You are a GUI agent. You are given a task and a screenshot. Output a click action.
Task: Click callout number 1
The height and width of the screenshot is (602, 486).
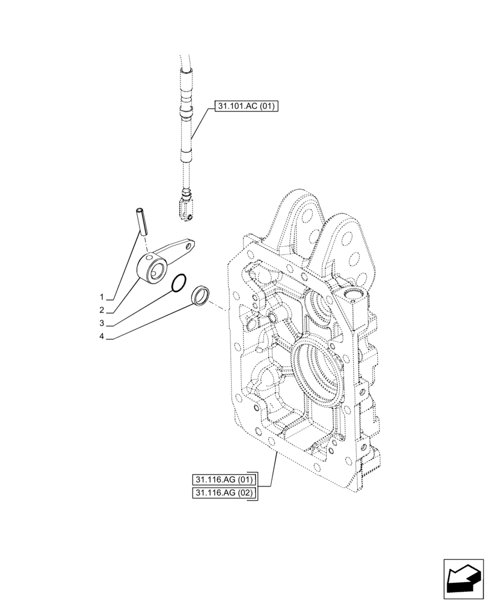click(103, 297)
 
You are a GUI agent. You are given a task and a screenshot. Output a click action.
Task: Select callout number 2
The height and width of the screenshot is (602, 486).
click(103, 311)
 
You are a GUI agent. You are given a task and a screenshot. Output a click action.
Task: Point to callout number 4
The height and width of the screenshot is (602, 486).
click(103, 338)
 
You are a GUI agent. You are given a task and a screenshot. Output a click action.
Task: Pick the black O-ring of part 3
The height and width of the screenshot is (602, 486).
click(179, 283)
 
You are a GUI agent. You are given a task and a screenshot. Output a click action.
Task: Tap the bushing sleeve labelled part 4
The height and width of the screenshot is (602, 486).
click(200, 296)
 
